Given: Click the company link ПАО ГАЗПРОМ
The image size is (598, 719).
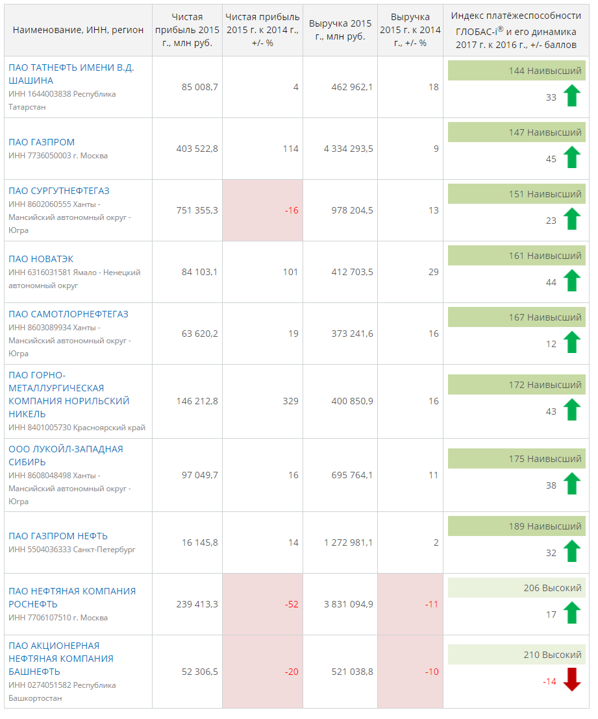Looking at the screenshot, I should point(42,142).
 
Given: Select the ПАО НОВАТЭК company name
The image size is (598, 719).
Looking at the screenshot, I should point(41,259).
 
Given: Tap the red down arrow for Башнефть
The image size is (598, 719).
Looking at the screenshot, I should point(571,679).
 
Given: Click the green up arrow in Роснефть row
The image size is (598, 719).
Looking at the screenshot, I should point(571,613).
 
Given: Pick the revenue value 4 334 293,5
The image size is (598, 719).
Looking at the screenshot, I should point(348,149).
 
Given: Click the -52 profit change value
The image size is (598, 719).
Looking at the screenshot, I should point(292,604).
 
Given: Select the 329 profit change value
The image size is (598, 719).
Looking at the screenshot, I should point(290,401).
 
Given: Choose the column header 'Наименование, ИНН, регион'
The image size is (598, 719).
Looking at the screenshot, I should point(78,30).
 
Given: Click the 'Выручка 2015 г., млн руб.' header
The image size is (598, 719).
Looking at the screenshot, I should point(340,30).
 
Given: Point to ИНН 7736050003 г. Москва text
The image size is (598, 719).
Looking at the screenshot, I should point(58,156).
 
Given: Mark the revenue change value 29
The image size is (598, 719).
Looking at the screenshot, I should point(433,272).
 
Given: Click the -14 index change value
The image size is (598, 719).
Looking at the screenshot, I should point(549,681).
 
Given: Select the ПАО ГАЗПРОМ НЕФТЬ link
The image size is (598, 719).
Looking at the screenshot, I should point(58,536).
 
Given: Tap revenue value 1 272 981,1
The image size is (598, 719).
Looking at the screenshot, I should point(348,542).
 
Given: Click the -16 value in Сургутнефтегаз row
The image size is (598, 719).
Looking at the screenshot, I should point(292,210).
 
